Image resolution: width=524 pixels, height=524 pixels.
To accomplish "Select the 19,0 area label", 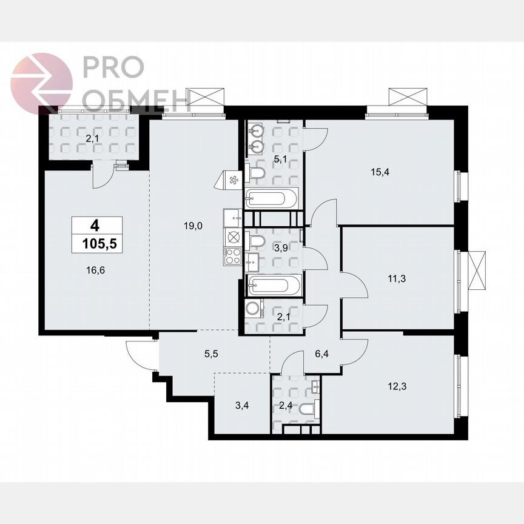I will (x=193, y=226).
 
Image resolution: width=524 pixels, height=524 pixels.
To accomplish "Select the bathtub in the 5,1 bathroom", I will (x=272, y=198).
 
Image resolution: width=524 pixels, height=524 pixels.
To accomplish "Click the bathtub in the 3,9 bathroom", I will (x=272, y=284).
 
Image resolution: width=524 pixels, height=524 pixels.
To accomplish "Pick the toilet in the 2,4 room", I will (x=307, y=411).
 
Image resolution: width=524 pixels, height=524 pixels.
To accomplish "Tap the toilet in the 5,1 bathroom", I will (x=257, y=175).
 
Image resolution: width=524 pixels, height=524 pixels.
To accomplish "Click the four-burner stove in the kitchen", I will (x=233, y=257).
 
